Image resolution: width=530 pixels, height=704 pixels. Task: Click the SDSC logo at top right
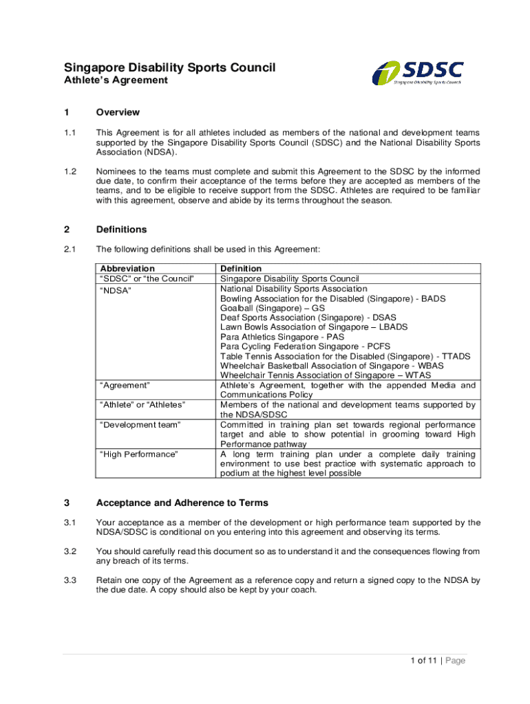(418, 71)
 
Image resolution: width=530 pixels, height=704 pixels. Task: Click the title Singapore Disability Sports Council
(169, 67)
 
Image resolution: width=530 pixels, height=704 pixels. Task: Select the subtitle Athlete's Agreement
(116, 80)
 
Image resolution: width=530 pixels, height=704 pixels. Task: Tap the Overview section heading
(118, 112)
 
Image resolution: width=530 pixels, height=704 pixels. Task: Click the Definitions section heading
(121, 230)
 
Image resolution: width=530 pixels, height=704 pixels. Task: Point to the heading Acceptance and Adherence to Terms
(182, 503)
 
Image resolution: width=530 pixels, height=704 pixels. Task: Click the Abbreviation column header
(128, 268)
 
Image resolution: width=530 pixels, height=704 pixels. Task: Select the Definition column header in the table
(241, 268)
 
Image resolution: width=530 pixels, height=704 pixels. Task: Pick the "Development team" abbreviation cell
(140, 425)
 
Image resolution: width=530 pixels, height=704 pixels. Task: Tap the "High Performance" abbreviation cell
(139, 454)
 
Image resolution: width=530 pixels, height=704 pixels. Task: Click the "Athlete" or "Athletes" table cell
(142, 405)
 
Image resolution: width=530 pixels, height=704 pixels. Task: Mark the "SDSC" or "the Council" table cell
(147, 278)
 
